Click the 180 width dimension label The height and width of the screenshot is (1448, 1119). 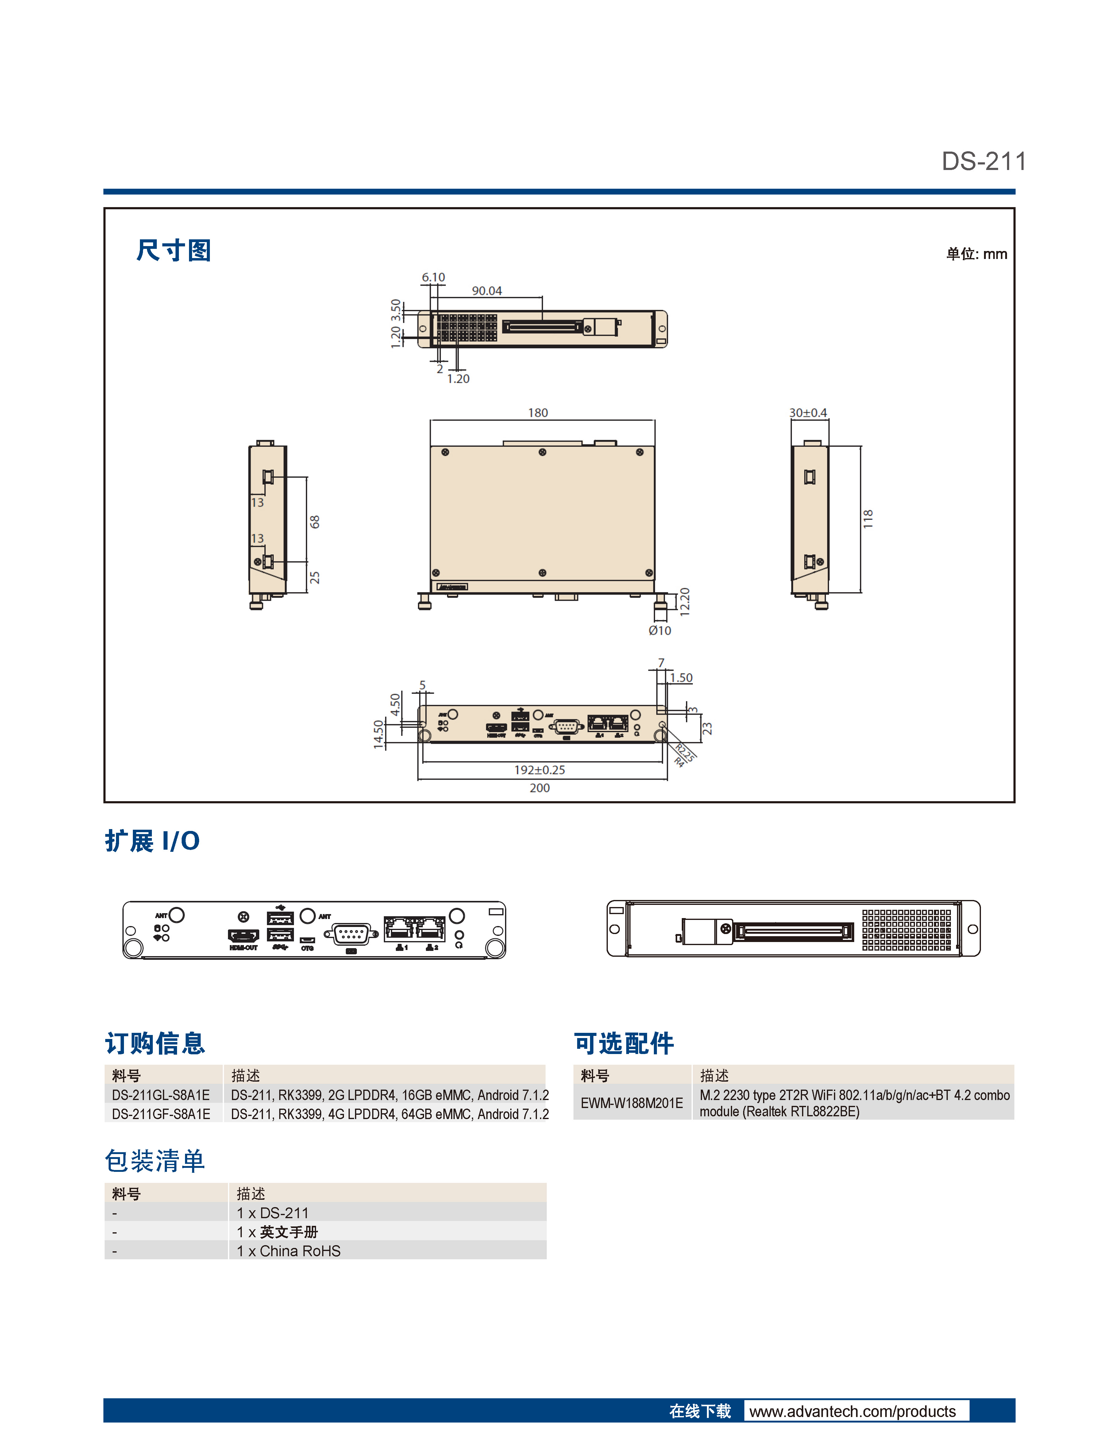538,412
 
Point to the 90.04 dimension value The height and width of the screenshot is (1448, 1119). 487,290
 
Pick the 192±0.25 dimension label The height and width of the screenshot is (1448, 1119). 540,770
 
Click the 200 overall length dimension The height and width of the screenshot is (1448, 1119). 540,788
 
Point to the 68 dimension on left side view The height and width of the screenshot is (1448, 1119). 315,522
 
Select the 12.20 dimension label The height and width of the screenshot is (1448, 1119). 685,601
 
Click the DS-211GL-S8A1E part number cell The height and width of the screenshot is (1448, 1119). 161,1095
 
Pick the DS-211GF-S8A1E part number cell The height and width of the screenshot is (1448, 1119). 161,1114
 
